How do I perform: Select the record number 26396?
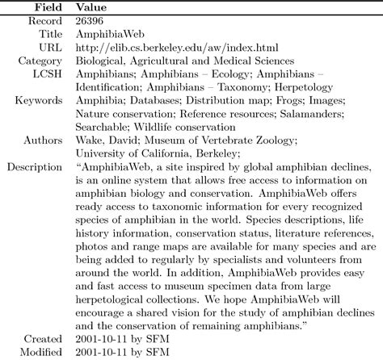pyautogui.click(x=91, y=20)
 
